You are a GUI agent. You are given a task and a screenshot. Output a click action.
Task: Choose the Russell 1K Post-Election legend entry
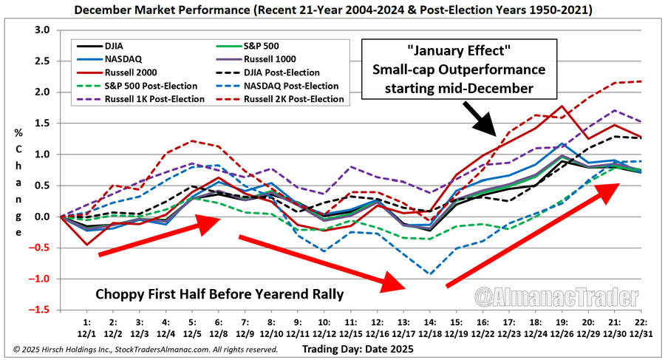point(130,99)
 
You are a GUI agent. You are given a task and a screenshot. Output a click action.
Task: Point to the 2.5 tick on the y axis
point(42,61)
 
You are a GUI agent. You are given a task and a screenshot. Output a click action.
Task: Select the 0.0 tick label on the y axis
point(42,217)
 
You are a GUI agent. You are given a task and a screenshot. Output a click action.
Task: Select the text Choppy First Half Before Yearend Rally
point(219,294)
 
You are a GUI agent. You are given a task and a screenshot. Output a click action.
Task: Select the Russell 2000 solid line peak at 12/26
point(562,106)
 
